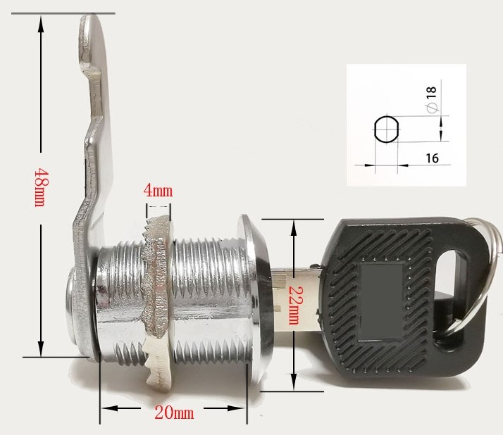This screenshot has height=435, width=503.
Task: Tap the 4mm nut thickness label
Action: pos(158,191)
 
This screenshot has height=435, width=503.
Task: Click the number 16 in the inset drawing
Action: pos(432,159)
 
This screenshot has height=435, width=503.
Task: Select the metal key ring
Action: pos(486,282)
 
